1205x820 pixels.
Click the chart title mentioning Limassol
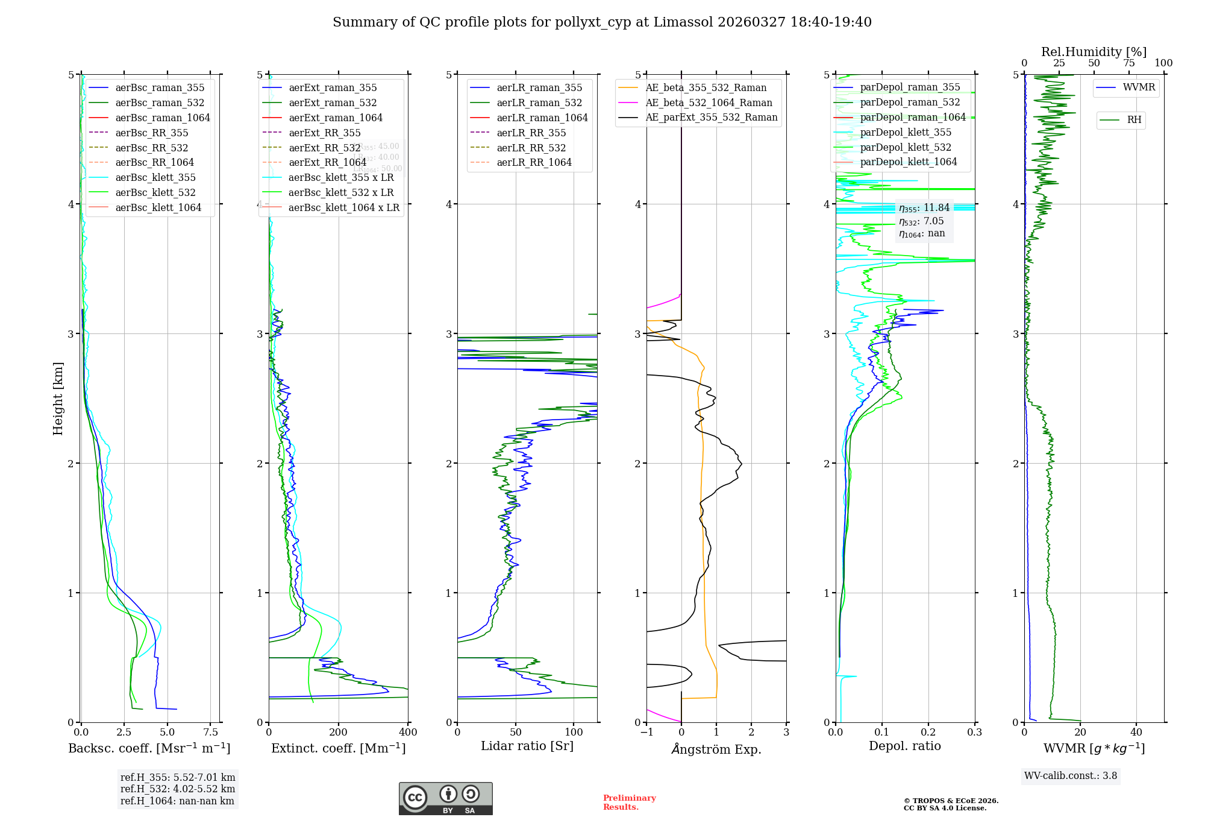[602, 22]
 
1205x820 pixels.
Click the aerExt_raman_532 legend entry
[333, 102]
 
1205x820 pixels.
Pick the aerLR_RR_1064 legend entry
[534, 162]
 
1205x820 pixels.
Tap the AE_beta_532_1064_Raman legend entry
[709, 102]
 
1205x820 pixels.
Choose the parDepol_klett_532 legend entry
[905, 147]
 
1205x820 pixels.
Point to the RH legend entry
[1134, 120]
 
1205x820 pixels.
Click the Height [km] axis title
[58, 399]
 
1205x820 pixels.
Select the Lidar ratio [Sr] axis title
[527, 746]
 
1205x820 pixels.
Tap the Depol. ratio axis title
[904, 746]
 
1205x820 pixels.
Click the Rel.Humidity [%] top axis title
[1094, 52]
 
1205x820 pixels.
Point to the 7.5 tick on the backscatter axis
[210, 733]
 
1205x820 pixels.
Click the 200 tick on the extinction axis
[339, 733]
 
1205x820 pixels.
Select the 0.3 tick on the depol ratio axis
[974, 733]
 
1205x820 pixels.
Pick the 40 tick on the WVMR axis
[1136, 733]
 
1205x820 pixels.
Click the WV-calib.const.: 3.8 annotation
[1071, 776]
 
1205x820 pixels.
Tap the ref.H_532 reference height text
[178, 789]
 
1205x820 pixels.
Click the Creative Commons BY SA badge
[445, 799]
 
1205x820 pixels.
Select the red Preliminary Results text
[629, 803]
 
